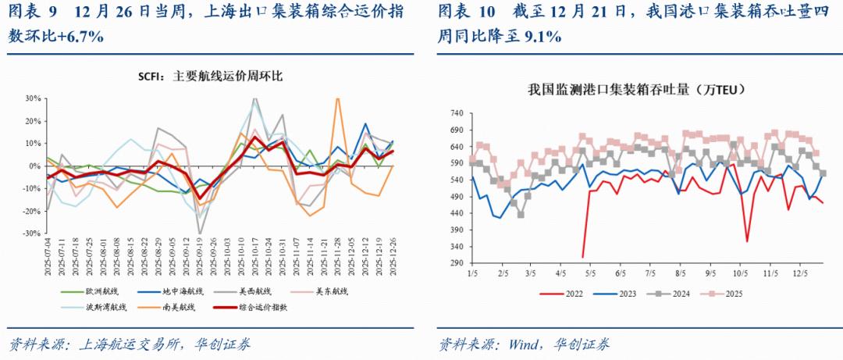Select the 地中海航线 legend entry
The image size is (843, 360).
pyautogui.click(x=180, y=291)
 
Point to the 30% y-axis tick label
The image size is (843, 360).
pyautogui.click(x=32, y=99)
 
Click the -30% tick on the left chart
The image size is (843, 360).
pyautogui.click(x=30, y=233)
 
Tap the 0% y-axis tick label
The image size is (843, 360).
pyautogui.click(x=34, y=166)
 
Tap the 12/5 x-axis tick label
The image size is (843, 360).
pyautogui.click(x=799, y=274)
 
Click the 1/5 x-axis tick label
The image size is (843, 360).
pyautogui.click(x=472, y=274)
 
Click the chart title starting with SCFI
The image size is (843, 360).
pyautogui.click(x=210, y=77)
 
